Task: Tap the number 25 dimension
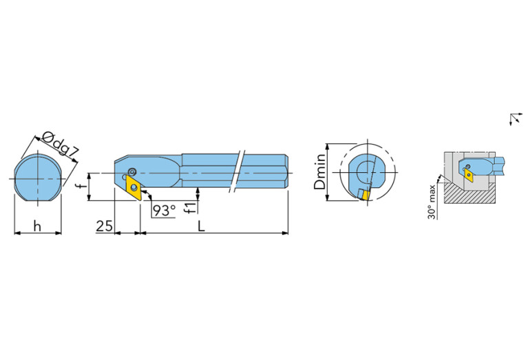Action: (104, 225)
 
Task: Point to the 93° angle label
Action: (164, 210)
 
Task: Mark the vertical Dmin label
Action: (319, 173)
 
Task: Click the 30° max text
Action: (432, 202)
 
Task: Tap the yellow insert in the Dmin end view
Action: (363, 194)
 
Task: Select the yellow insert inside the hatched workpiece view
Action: (469, 175)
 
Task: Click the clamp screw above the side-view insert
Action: (131, 172)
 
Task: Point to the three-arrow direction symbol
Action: (514, 119)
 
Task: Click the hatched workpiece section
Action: (475, 195)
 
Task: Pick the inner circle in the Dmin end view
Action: (364, 170)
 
